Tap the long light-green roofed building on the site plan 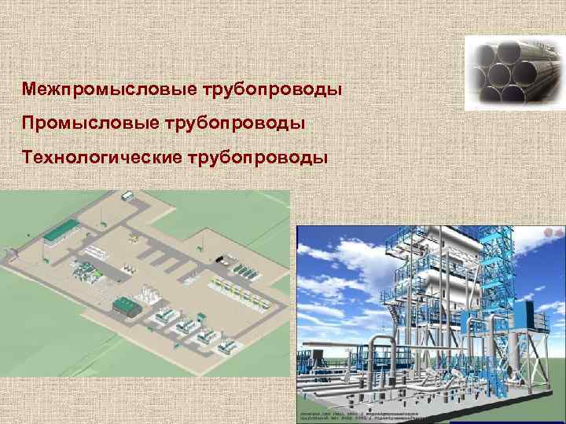click(61, 232)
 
